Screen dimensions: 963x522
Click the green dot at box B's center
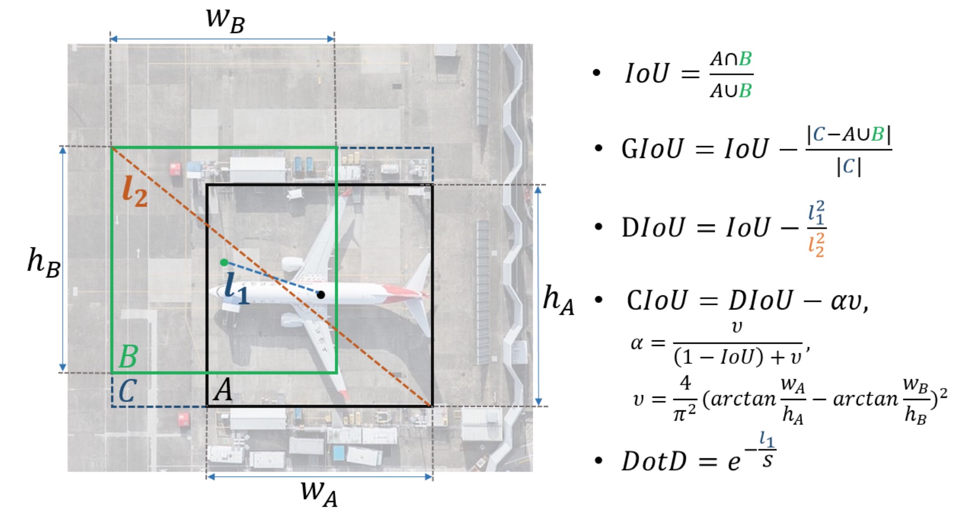224,263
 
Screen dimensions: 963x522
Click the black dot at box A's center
321,295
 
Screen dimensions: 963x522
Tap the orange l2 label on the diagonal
135,191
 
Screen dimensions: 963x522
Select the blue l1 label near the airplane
237,288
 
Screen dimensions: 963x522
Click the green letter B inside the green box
128,357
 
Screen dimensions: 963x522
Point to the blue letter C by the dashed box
127,391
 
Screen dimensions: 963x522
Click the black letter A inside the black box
222,390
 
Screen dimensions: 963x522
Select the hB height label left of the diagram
44,262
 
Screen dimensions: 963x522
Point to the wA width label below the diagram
319,493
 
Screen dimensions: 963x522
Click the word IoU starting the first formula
647,73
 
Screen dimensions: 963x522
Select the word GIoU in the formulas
652,149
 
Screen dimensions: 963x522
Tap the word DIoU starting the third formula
653,227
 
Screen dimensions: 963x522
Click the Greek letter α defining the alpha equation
636,344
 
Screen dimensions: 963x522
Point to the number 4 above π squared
685,383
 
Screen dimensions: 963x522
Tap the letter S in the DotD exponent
767,462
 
